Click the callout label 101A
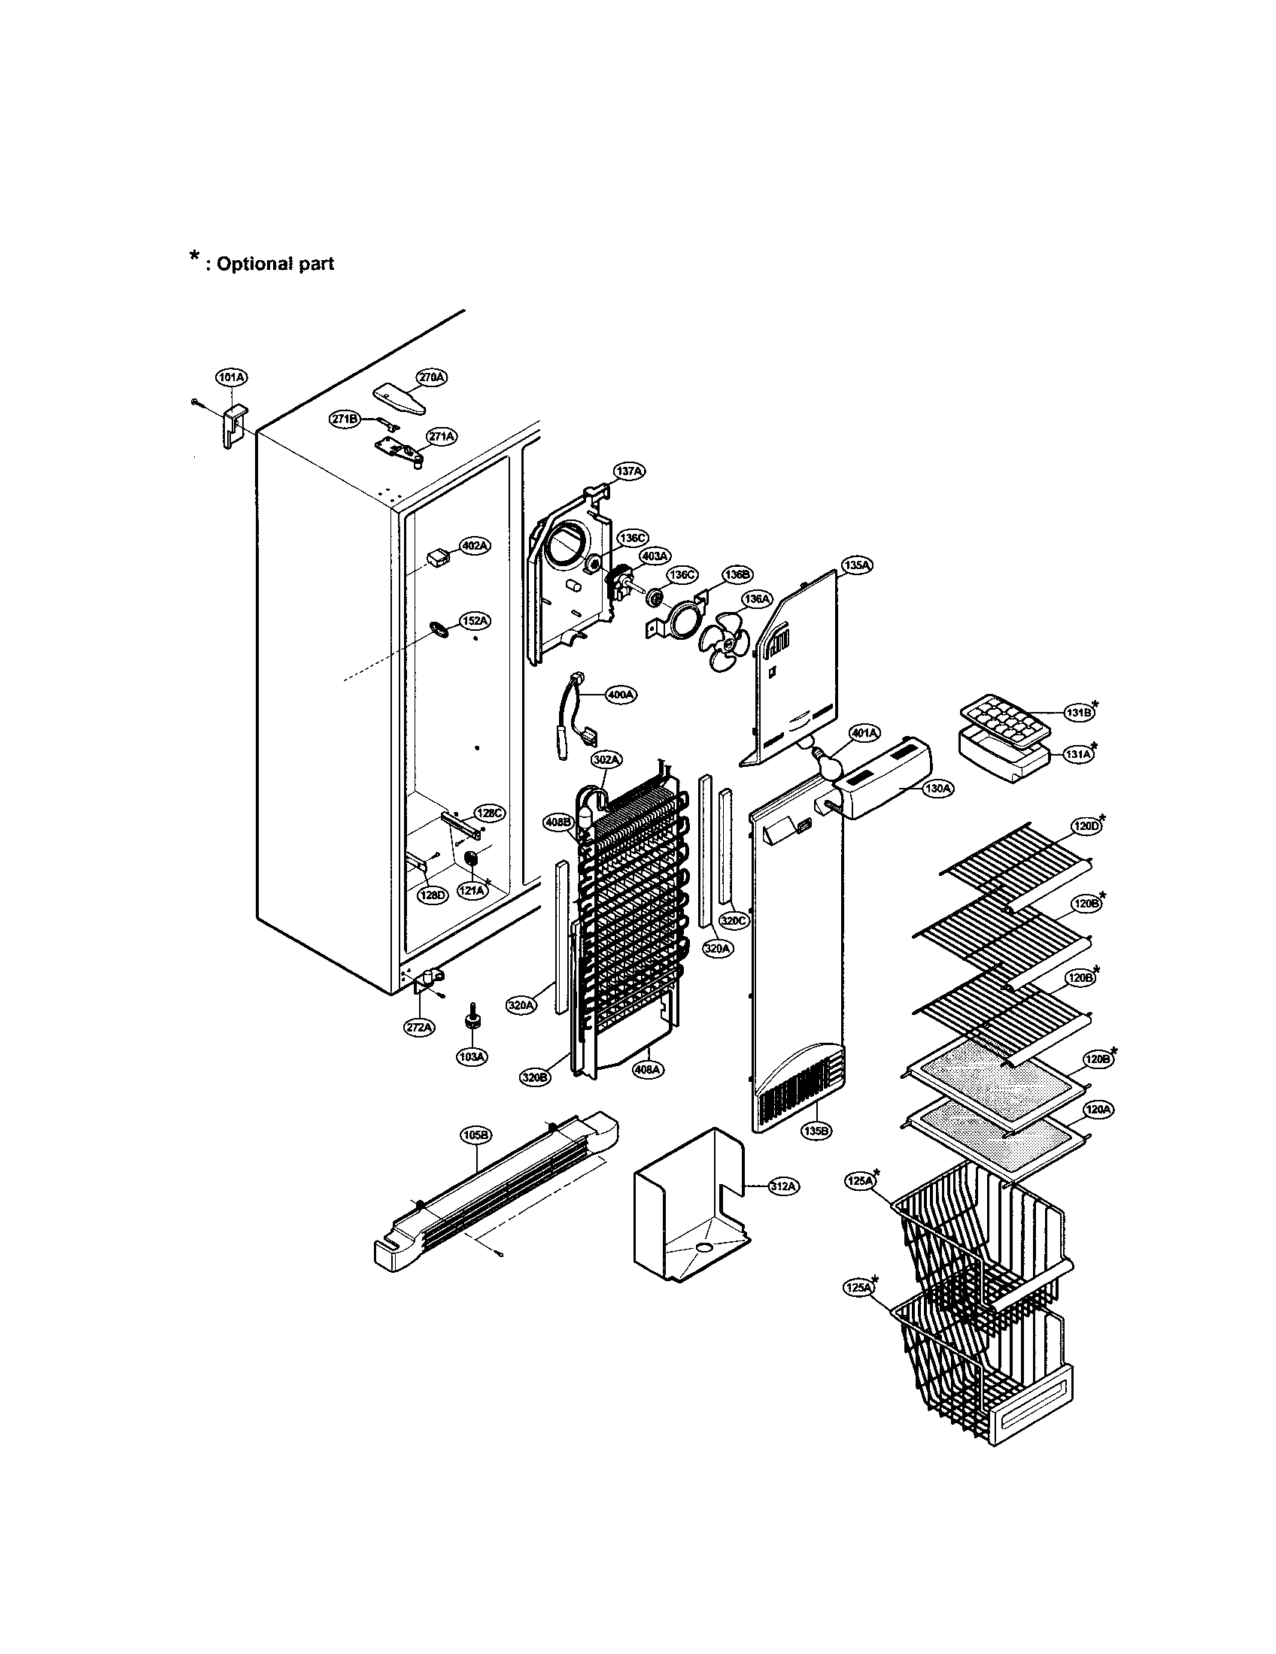pos(231,377)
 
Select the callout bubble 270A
pos(431,377)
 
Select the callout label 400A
pos(621,695)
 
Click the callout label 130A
pos(937,789)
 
